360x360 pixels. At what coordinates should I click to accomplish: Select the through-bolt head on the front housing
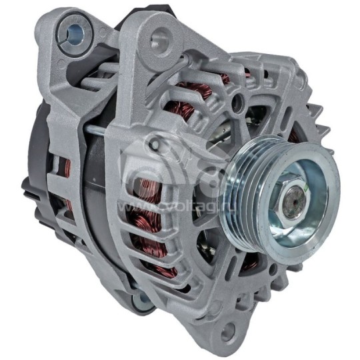coord(155,143)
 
